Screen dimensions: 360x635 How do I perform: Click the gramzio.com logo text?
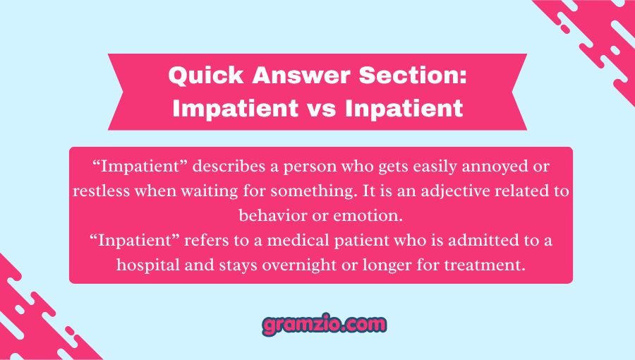pos(324,325)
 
